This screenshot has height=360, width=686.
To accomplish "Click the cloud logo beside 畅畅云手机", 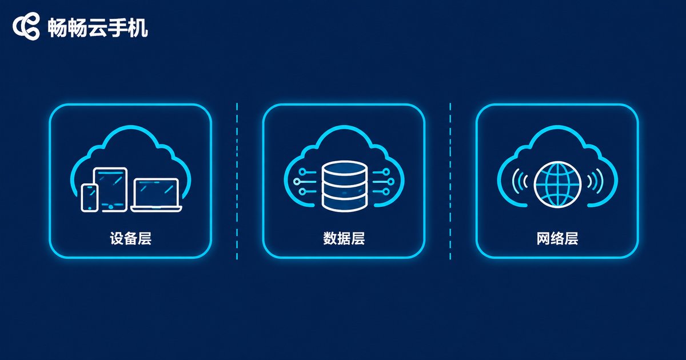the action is point(26,26).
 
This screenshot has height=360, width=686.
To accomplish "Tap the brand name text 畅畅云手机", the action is point(98,28).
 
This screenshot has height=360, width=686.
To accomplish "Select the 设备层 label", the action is point(131,238).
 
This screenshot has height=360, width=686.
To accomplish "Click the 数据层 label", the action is point(344,238).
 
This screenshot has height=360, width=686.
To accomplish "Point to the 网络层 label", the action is point(557,238).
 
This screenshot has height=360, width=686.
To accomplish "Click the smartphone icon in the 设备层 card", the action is point(89,198).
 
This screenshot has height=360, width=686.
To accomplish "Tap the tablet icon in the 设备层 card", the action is point(110,190).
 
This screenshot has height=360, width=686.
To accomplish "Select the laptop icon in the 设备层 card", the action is point(157,195).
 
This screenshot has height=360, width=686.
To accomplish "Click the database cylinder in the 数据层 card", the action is point(345,186).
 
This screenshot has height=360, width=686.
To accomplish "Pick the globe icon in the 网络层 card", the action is point(557,185).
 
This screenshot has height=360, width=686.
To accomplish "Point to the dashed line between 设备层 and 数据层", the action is point(237,181).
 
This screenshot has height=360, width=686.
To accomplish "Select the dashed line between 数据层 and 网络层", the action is point(450,181).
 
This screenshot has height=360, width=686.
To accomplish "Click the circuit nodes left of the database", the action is point(305,182).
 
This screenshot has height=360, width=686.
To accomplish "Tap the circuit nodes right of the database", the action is point(384,182).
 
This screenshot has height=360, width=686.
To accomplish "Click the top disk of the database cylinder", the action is point(345,168).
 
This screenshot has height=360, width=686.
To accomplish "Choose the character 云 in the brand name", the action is point(97,28).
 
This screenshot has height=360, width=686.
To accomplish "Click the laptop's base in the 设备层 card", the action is point(157,209).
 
